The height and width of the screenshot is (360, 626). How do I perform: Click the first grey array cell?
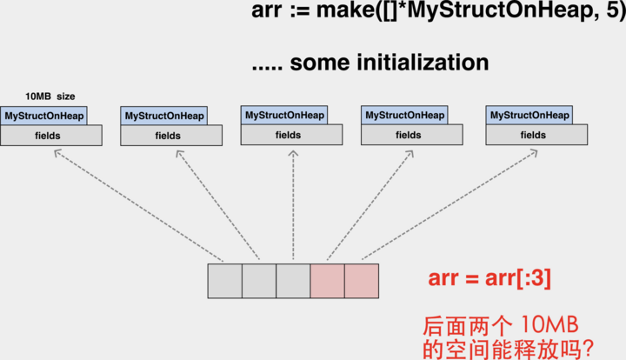[x=224, y=281]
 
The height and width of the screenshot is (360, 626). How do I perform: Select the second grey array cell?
[x=258, y=281]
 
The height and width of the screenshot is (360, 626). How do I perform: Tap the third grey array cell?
[x=293, y=281]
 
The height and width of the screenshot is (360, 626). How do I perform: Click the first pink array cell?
[x=327, y=281]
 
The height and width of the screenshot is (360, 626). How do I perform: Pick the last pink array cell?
[x=362, y=281]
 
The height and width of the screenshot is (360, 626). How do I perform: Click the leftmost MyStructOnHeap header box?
[x=44, y=116]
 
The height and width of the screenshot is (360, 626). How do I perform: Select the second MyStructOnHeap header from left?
[x=164, y=116]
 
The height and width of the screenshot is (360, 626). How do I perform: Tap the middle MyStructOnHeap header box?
[x=284, y=115]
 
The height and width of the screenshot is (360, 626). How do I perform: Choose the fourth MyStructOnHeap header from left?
[x=404, y=115]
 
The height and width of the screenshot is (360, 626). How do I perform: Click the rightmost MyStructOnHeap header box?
[x=529, y=115]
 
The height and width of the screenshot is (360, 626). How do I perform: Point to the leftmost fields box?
[x=51, y=136]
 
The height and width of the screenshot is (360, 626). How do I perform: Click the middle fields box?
[x=292, y=135]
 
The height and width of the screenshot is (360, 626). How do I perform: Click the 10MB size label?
[x=50, y=96]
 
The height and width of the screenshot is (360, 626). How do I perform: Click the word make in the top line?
[x=355, y=13]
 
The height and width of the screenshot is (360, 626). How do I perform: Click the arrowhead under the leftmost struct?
[x=57, y=153]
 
